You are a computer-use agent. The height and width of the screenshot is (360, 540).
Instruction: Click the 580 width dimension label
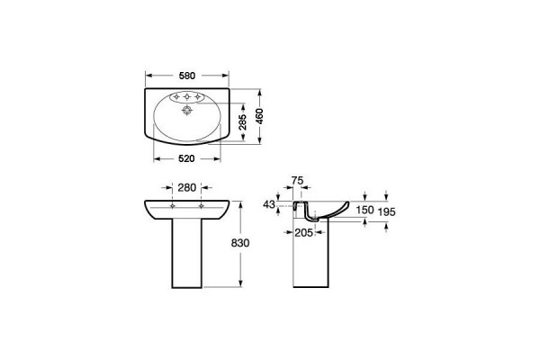point(187,76)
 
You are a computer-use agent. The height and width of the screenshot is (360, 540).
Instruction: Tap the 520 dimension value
point(186,158)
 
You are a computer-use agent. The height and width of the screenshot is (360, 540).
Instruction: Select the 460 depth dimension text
point(259,116)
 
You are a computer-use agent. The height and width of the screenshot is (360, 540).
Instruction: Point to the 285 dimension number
point(242,122)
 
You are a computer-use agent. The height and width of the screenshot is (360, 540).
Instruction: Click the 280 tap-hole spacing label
point(186,188)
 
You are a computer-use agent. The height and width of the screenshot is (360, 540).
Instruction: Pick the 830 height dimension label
point(240,243)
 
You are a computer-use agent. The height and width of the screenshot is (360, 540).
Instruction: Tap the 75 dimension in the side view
point(297,181)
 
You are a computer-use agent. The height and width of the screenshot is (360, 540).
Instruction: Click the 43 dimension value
point(269,204)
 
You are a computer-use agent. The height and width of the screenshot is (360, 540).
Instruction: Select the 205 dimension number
point(304,233)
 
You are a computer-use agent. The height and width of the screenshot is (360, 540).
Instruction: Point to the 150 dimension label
point(364,210)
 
